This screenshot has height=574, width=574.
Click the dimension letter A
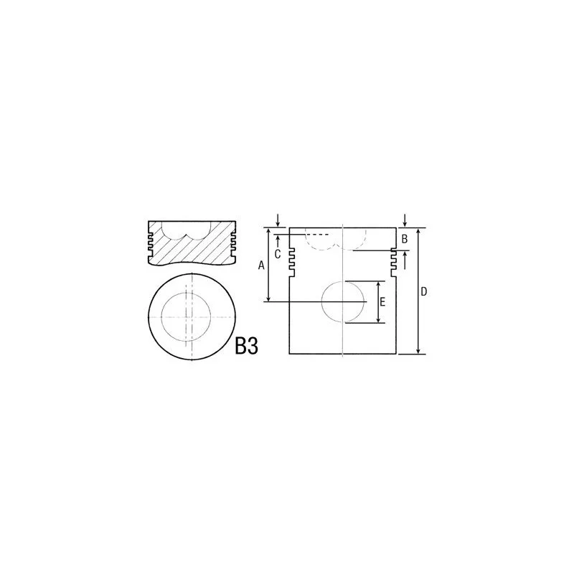tap(261, 265)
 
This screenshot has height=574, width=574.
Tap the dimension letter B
tap(405, 239)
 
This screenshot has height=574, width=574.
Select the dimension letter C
tap(278, 254)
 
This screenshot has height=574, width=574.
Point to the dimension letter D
tap(424, 292)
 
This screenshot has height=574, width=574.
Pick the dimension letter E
tap(382, 302)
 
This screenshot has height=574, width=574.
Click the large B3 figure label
tap(246, 346)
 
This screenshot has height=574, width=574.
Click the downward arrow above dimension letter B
tap(405, 221)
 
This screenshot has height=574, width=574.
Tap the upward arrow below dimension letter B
tap(405, 260)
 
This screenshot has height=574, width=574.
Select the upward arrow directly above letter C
tap(278, 241)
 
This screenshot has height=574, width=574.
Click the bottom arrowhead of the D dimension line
tap(418, 352)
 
